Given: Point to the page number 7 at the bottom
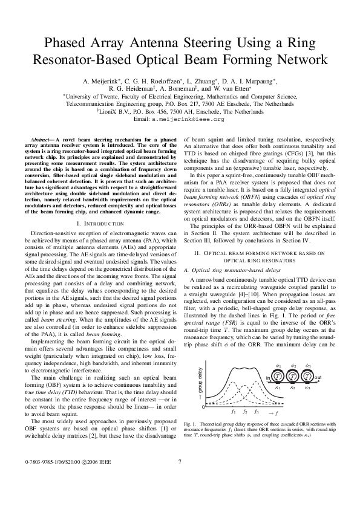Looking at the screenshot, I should click(x=180, y=479).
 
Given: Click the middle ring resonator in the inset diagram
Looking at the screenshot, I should click(x=293, y=375).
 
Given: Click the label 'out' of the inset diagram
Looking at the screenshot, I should click(x=318, y=375).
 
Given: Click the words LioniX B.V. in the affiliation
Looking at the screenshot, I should click(x=114, y=112).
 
